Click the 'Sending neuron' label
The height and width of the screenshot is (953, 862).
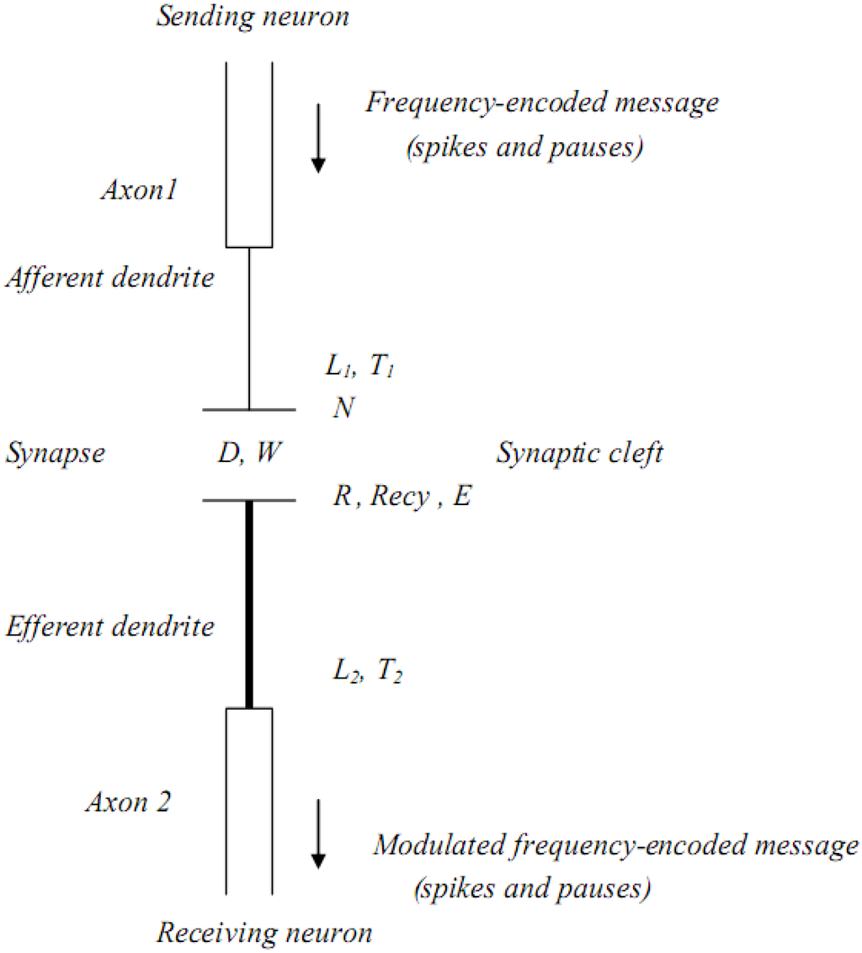[x=253, y=18]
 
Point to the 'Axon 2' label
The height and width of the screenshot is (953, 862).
[x=128, y=801]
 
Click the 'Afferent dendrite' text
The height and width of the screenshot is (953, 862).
[x=110, y=278]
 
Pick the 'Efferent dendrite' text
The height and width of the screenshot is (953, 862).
[x=110, y=626]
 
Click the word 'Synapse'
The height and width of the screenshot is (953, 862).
[x=56, y=455]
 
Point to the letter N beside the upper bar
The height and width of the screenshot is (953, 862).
[x=343, y=409]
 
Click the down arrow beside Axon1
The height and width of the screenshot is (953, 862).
[x=317, y=138]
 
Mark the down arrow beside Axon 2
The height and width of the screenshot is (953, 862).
[x=317, y=833]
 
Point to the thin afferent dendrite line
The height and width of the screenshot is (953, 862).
[x=249, y=328]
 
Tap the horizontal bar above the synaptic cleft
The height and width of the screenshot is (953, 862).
[x=249, y=410]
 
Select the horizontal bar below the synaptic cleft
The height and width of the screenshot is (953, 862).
[x=249, y=502]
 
